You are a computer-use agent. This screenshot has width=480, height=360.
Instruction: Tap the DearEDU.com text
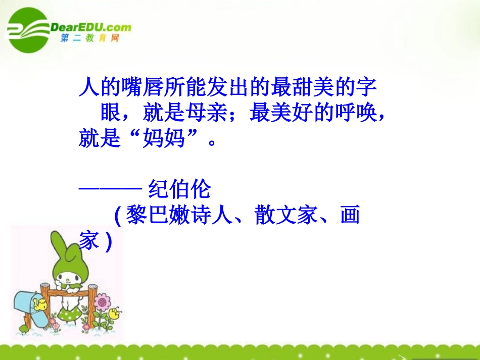coord(90,27)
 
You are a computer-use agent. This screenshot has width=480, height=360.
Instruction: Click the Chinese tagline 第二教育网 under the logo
coord(89,38)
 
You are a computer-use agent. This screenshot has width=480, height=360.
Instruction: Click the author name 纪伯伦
coord(179,190)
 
